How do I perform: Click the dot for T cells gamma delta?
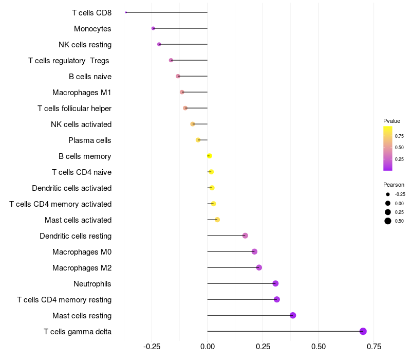363,331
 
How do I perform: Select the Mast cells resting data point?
293,315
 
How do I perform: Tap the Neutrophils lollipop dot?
275,283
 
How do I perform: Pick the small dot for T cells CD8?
126,12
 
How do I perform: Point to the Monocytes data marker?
153,28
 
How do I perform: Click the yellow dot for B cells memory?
209,156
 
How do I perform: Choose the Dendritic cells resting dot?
245,236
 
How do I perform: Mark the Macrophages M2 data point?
259,267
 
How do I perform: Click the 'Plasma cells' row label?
90,140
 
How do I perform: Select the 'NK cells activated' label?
81,124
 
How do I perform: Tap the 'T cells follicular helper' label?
74,109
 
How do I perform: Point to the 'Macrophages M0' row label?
82,252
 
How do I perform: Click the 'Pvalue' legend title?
391,121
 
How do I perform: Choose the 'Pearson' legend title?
394,185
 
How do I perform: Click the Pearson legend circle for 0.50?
388,221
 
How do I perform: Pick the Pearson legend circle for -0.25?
388,194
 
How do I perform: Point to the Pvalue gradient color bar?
388,148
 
